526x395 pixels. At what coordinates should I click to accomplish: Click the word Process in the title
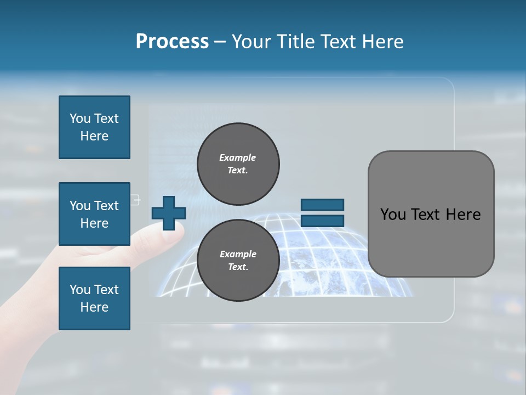click(172, 42)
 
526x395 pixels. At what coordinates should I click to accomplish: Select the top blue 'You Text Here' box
click(94, 127)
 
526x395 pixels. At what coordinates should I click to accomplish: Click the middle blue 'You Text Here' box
click(94, 214)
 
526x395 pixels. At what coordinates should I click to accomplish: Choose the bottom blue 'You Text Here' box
click(94, 298)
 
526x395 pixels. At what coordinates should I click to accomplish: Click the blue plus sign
click(169, 213)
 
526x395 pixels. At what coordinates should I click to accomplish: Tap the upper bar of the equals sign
click(322, 205)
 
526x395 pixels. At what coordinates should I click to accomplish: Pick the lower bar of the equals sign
click(322, 221)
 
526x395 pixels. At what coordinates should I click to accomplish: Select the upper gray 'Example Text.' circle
click(238, 163)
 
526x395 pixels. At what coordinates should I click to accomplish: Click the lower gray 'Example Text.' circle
click(238, 260)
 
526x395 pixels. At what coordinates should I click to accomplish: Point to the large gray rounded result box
click(431, 214)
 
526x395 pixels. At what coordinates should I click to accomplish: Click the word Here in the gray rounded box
click(463, 215)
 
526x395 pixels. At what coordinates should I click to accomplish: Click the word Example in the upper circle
click(238, 157)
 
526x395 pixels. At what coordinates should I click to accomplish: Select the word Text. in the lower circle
click(238, 267)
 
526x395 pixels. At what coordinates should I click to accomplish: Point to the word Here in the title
click(382, 42)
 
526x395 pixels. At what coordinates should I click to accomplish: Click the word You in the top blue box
click(79, 119)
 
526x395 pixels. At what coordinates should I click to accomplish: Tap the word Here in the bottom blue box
click(94, 307)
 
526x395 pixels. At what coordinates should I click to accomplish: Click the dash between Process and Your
click(220, 42)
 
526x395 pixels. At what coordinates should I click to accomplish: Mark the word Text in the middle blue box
click(106, 206)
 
